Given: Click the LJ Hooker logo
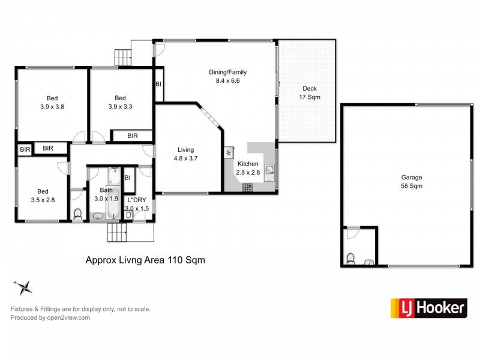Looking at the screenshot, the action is coord(428,308).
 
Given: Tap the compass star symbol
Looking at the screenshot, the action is coord(23,287).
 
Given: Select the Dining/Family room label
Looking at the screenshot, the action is coord(228,72).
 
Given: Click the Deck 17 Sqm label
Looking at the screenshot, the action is coord(310,93).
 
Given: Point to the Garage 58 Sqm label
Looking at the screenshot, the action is coord(412,182).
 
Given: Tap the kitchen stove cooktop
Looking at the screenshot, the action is coord(248,187).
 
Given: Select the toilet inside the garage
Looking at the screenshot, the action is coord(350,259).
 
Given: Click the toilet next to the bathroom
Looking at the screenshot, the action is coord(78,214).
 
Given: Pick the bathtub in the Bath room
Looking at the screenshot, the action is coord(113,202).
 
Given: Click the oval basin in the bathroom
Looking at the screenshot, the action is coord(98,216).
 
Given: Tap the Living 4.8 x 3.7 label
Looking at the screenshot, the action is coord(186,154).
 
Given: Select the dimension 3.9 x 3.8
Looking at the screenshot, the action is coord(52,107).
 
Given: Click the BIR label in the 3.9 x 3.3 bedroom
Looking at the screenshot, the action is coord(133,136).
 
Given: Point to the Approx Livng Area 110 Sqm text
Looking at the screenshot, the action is coord(145,260).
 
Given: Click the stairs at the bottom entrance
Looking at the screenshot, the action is coord(116,232).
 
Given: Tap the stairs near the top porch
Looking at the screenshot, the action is coord(123,58).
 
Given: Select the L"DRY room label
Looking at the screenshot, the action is coord(137,200).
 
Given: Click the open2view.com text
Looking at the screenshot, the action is coord(68,318).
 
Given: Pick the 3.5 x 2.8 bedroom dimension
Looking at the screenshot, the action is coord(43,200).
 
